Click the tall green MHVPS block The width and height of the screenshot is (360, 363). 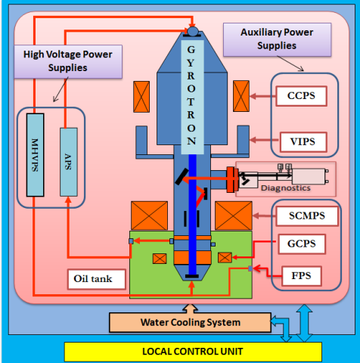pyautogui.click(x=35, y=155)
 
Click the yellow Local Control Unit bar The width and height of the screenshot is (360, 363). pyautogui.click(x=192, y=351)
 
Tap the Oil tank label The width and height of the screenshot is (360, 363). pyautogui.click(x=92, y=278)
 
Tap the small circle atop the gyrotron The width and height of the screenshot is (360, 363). pyautogui.click(x=192, y=31)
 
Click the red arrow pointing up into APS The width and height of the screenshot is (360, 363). pyautogui.click(x=68, y=208)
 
